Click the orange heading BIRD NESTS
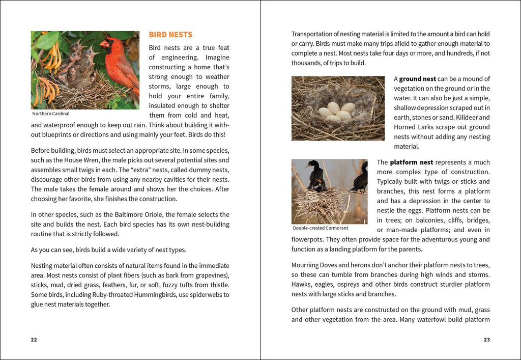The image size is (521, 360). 170,35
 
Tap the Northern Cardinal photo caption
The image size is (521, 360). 51,114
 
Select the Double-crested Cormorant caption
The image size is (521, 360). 321,228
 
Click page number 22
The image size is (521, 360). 34,340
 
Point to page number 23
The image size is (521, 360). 487,340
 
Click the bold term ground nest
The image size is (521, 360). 417,79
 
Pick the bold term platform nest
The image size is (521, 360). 412,162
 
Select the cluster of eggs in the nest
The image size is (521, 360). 336,112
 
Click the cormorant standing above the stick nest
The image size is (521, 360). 315,176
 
